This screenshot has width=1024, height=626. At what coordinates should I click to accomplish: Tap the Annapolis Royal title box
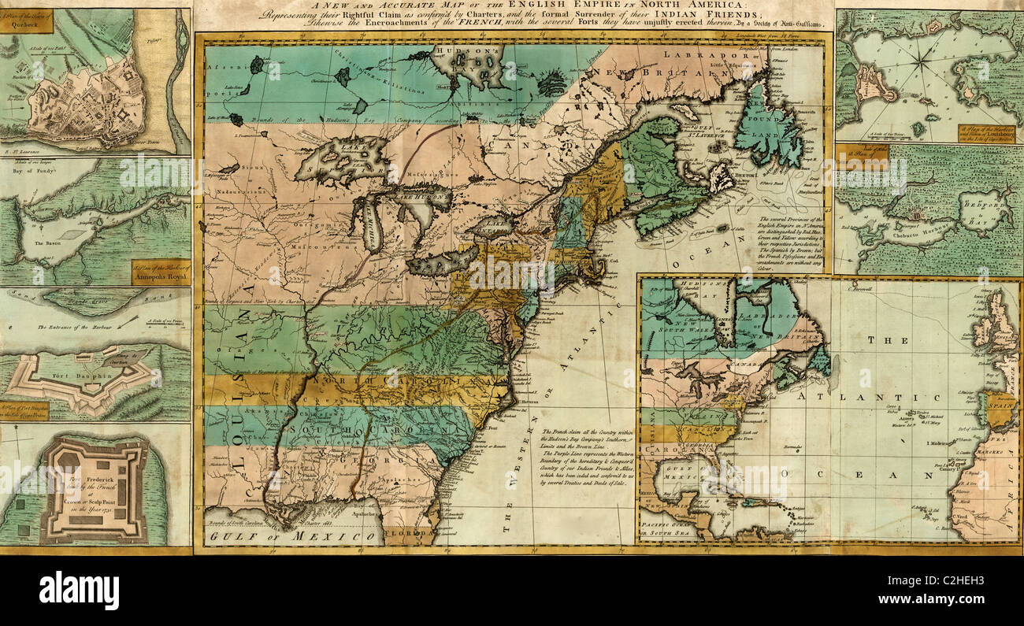(161, 272)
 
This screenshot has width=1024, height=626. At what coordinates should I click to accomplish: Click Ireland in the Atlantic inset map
(983, 326)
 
